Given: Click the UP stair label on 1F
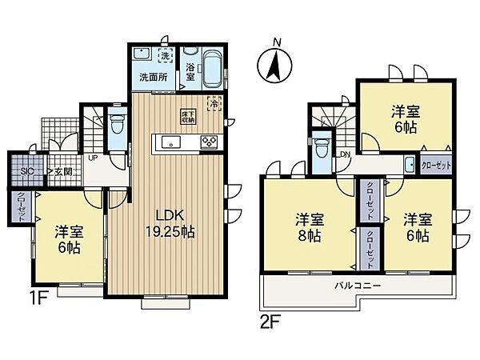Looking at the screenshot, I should [93, 157].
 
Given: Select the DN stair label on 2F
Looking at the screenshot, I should [344, 154].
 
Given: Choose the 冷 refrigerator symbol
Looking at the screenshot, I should [214, 102].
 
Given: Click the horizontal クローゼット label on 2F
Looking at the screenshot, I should [435, 166].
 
